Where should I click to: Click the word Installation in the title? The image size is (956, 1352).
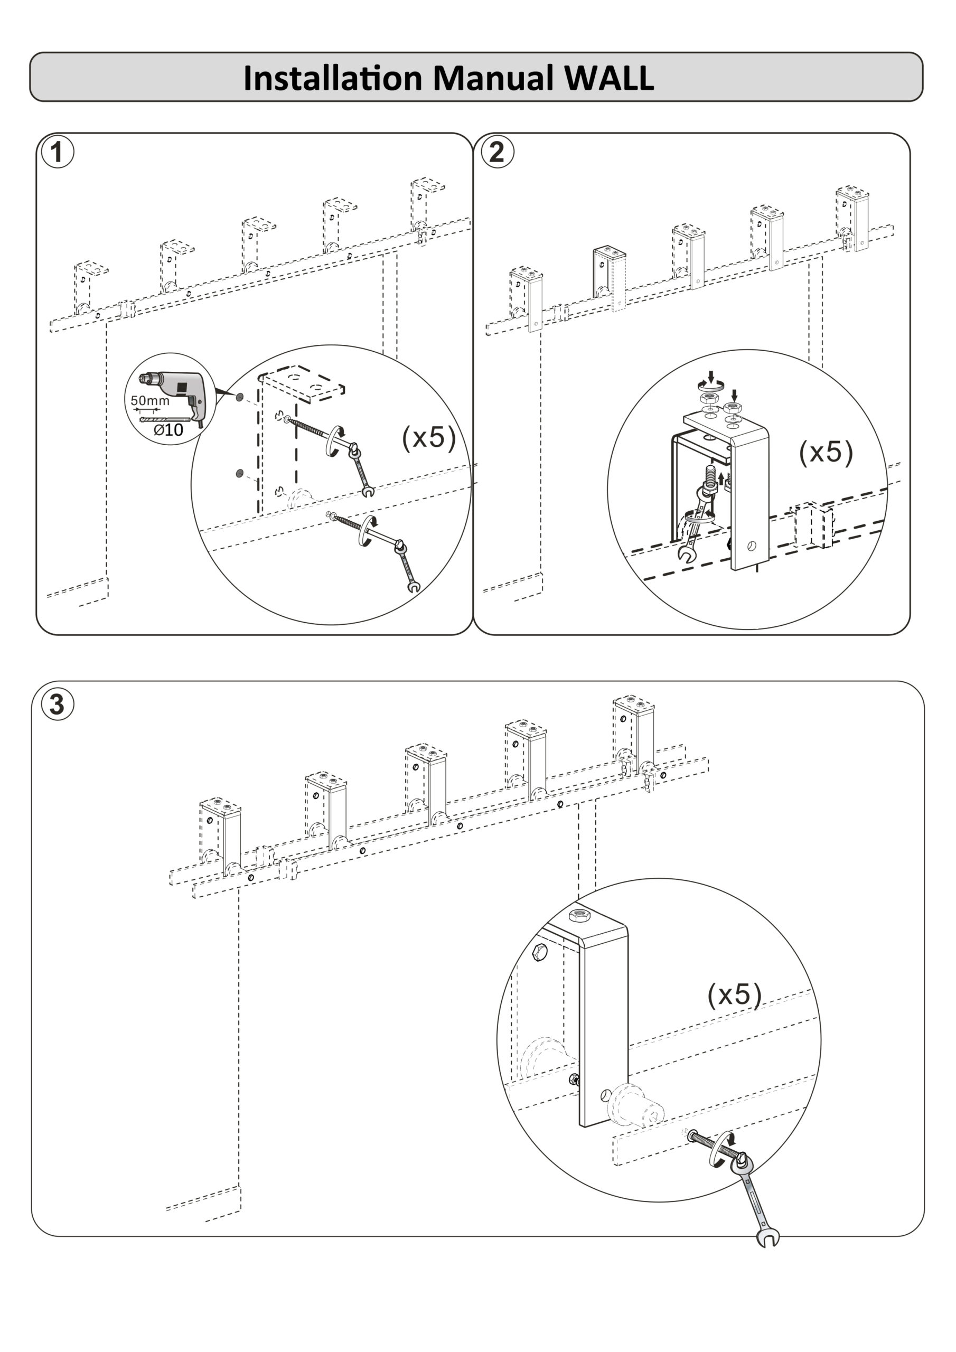point(333,78)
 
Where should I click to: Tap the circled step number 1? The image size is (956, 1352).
point(57,153)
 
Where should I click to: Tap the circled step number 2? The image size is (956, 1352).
point(497,153)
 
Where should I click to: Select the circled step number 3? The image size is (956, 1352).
point(57,705)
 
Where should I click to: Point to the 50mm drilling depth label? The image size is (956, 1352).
point(149,401)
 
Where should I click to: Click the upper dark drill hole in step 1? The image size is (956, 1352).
point(240,398)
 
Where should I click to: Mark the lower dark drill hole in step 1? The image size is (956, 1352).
point(240,473)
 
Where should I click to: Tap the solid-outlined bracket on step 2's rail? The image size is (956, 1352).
point(610,274)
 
